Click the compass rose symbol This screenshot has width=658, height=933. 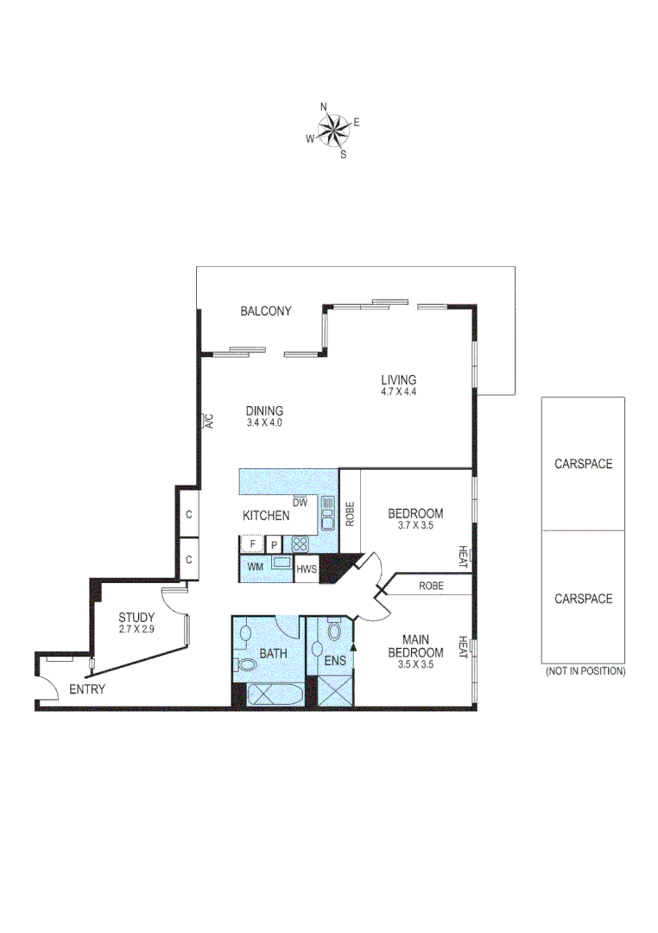[332, 130]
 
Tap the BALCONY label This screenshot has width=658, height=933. [265, 311]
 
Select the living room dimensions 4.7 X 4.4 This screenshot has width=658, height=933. [399, 391]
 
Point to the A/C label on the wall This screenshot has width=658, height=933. [208, 422]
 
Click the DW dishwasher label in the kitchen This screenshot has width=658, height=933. [300, 502]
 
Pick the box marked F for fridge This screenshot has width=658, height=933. [252, 544]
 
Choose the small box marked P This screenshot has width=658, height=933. [274, 544]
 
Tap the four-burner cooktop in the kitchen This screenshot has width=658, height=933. [301, 544]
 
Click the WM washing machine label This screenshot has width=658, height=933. [255, 568]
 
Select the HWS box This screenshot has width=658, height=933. [307, 569]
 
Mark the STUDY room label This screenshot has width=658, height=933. [136, 618]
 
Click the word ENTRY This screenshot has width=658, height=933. [87, 689]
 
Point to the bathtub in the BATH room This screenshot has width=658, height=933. [275, 695]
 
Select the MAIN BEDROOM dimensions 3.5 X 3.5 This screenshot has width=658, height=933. [415, 665]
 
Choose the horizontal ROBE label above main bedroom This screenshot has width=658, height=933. [431, 585]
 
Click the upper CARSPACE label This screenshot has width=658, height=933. [583, 464]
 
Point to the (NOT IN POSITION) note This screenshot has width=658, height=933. [585, 671]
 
